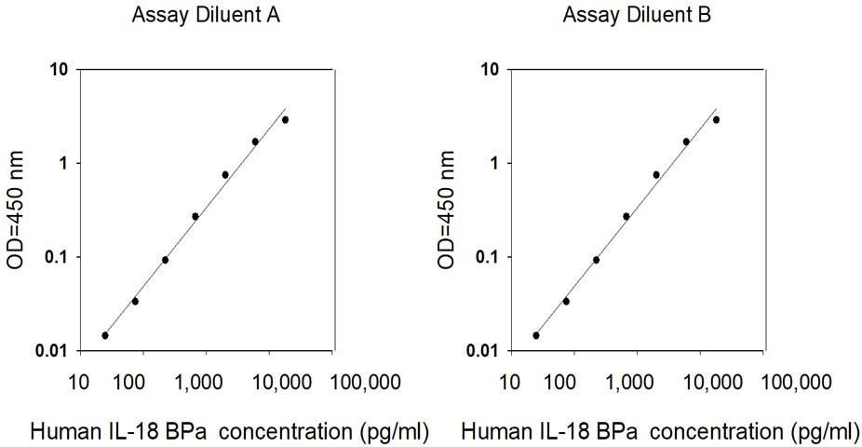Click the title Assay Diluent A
tap(206, 15)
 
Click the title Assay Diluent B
tap(637, 15)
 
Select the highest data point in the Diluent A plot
tap(285, 119)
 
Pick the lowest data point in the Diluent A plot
tap(105, 335)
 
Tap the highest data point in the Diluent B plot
tap(716, 119)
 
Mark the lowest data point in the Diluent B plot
tap(536, 335)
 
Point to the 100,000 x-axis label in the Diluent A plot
tap(365, 381)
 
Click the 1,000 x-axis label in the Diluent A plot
tap(206, 381)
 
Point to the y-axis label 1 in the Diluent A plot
tap(65, 163)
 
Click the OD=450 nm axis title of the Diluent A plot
tap(16, 210)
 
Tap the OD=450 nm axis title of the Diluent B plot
tap(447, 210)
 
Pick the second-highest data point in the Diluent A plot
tap(255, 142)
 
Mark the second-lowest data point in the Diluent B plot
tap(566, 302)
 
